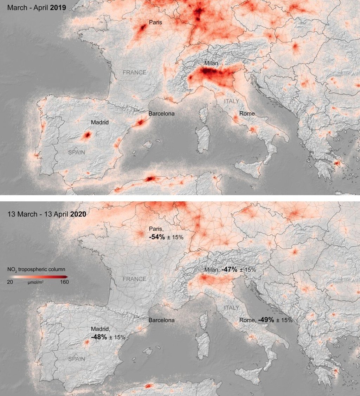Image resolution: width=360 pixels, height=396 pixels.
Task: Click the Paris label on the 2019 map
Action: pos(155,22)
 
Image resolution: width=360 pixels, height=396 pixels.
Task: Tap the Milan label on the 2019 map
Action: pos(211,64)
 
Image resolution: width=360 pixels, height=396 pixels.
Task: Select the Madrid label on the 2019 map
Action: pos(100,123)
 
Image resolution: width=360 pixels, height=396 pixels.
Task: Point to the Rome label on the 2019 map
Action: pos(247,113)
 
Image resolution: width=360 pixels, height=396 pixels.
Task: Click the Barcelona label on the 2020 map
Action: pos(161,320)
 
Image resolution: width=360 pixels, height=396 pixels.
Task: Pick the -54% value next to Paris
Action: pos(157,237)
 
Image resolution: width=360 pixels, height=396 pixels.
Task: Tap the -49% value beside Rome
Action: pos(266,320)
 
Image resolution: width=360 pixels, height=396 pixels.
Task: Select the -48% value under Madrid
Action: pos(99,337)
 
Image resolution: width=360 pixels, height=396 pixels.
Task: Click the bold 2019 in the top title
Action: pos(58,7)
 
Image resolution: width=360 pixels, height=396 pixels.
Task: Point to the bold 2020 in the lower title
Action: pos(78,214)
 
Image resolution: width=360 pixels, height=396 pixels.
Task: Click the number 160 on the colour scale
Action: pos(64,282)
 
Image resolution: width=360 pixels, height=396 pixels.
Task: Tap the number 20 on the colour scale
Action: pos(10,282)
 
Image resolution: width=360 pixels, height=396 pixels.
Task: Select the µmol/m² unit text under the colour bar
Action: pos(36,282)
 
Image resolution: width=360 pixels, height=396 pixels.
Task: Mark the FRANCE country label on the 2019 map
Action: pos(134,72)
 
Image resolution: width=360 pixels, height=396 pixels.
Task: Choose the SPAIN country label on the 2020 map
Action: pos(77,359)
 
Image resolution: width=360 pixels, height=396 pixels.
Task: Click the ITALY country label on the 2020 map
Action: pos(231,308)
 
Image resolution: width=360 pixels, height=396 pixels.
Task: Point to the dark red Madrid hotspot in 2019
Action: pos(86,135)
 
